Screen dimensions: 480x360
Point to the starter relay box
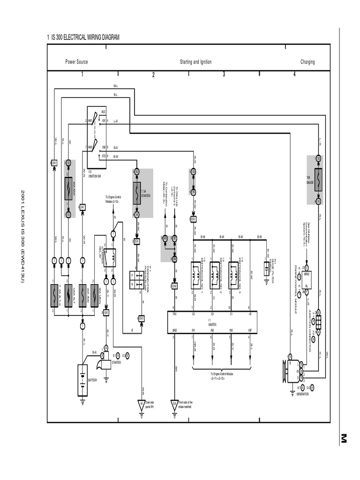pos(110,257)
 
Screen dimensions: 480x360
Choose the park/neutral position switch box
pos(136,279)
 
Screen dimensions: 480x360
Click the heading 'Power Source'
pos(76,62)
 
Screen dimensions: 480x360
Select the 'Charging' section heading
pos(307,62)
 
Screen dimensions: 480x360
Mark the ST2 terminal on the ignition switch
pos(104,156)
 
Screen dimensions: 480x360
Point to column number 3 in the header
pos(224,74)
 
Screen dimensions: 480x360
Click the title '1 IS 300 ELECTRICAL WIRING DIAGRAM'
pos(83,37)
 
